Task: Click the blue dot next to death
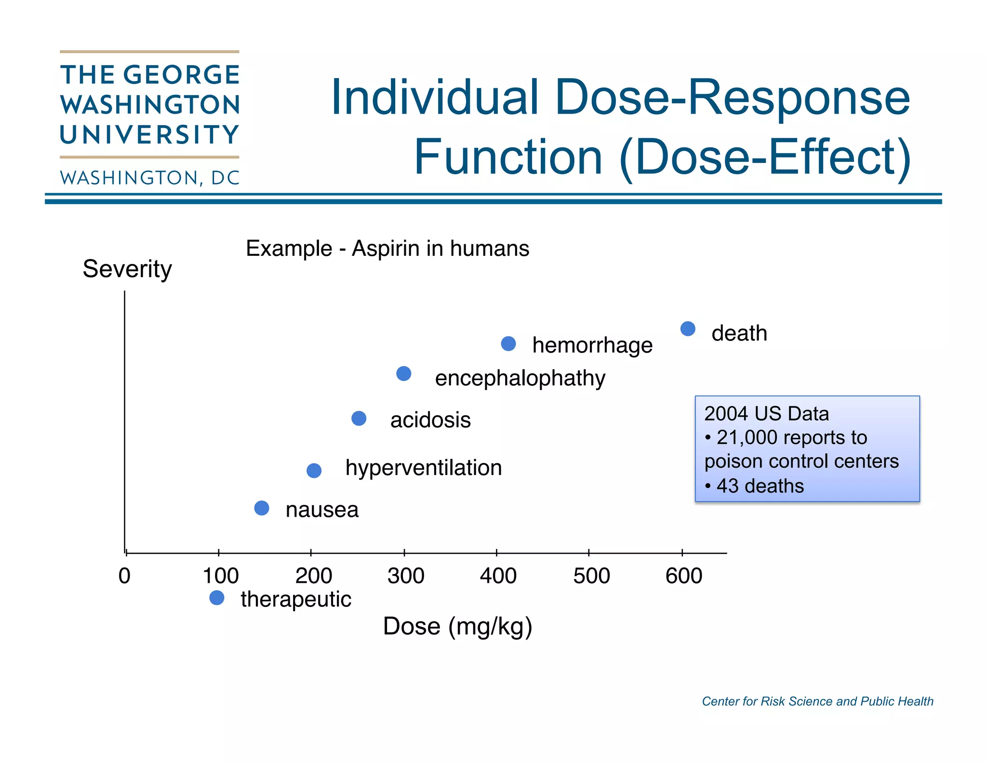coord(688,329)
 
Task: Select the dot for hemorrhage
coord(508,344)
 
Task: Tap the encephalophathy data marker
coord(404,374)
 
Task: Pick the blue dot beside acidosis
coord(359,419)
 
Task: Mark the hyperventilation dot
coord(314,471)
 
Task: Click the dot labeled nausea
coord(262,508)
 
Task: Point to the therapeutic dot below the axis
coord(217,598)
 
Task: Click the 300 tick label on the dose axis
coord(406,576)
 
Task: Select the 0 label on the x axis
coord(124,576)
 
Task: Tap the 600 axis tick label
coord(684,576)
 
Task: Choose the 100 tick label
coord(221,576)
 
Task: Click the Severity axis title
coord(127,269)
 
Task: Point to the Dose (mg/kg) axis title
coord(457,627)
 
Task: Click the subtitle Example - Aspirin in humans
coord(387,249)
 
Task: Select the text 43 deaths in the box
coord(760,486)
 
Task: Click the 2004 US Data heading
coord(766,414)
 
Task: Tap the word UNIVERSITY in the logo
coord(150,135)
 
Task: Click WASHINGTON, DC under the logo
coord(150,178)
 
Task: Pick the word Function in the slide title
coord(508,157)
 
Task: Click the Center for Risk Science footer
coord(817,701)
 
